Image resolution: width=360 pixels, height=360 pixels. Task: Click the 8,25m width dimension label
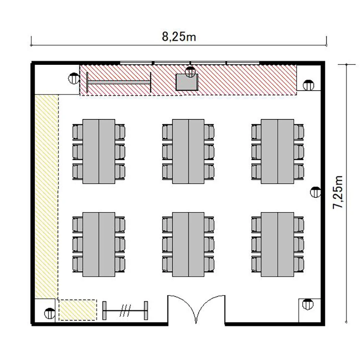coord(179,37)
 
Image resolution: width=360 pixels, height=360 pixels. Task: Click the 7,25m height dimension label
coord(338,192)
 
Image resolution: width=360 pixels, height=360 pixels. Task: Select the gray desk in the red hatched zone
coord(187,82)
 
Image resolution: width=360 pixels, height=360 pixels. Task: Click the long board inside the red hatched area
coord(119,82)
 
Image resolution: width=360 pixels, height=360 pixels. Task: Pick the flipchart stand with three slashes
coord(125,311)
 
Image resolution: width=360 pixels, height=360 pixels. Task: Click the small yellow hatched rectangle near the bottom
coord(78,310)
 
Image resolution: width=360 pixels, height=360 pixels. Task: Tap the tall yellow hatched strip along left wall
coord(47,196)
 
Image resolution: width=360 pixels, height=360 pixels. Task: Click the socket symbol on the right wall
coord(315,192)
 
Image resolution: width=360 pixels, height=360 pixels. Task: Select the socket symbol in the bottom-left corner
coord(49,313)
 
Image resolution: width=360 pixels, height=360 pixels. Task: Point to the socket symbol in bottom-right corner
coord(308,304)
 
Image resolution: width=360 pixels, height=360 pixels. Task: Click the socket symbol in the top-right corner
coord(308,85)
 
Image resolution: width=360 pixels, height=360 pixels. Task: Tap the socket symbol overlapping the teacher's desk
coord(191,72)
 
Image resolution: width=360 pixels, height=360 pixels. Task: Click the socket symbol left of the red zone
coord(74,78)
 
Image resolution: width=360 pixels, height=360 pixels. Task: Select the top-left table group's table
coord(99,151)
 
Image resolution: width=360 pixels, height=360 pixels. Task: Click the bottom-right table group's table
coord(277,244)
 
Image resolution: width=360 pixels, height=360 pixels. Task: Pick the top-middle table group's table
coord(188,151)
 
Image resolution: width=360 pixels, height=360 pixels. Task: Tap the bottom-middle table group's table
coord(188,244)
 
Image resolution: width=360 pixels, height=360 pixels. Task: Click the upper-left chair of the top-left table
coord(78,132)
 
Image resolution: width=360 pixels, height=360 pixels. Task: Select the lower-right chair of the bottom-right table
coord(299,264)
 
